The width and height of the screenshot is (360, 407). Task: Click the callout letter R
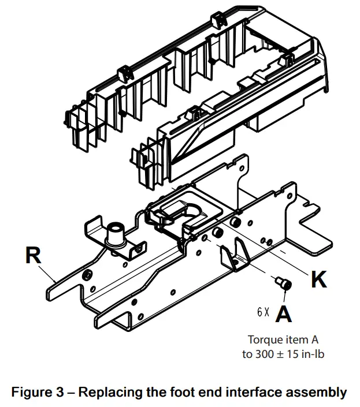34,255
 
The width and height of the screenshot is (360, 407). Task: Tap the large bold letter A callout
283,313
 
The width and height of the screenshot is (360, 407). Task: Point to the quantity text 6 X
263,312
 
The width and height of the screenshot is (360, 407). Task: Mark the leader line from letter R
51,274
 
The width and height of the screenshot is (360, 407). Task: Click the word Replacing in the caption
106,393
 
